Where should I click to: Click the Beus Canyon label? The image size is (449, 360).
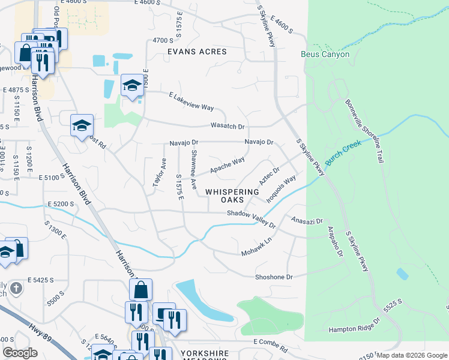pos(325,55)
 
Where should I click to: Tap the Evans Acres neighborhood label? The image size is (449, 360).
pos(197,52)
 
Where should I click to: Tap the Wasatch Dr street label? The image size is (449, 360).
pos(228,127)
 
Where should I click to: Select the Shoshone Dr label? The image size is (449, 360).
pos(273,277)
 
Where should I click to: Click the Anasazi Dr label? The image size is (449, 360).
pos(307,221)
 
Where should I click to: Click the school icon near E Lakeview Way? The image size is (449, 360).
pos(131,86)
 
